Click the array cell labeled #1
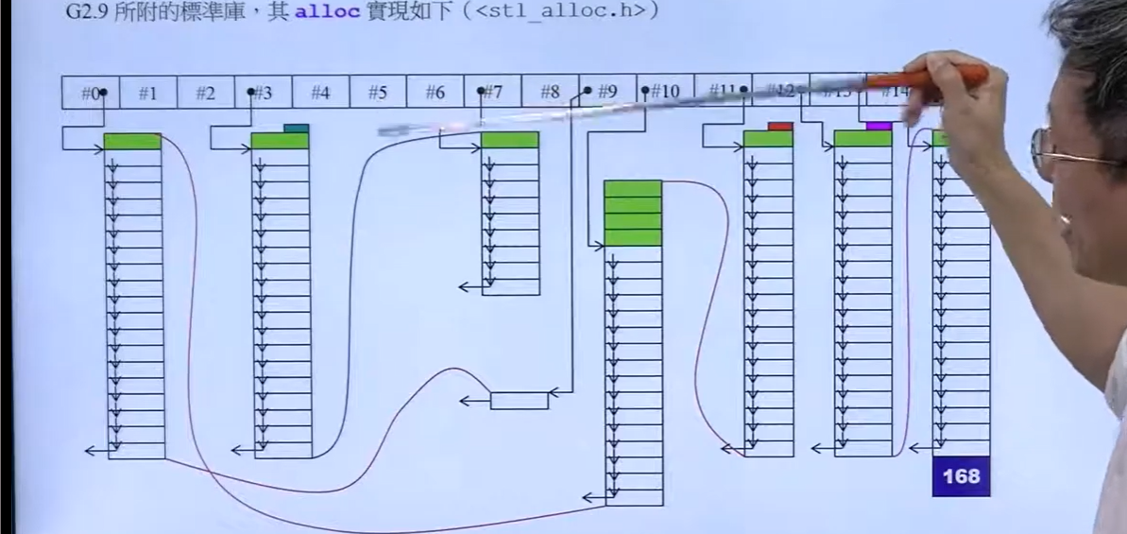click(148, 93)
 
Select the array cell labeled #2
click(205, 93)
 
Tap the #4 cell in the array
click(320, 93)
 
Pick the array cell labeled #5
click(378, 93)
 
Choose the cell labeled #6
click(435, 93)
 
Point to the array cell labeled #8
click(550, 93)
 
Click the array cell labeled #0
click(91, 93)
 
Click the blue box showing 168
click(961, 476)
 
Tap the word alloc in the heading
click(320, 12)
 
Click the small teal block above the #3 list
click(296, 129)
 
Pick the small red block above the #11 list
click(780, 126)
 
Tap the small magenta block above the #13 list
click(879, 126)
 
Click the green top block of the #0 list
click(132, 142)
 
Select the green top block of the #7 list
click(510, 140)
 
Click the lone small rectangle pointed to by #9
click(519, 401)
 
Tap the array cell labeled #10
click(665, 93)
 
